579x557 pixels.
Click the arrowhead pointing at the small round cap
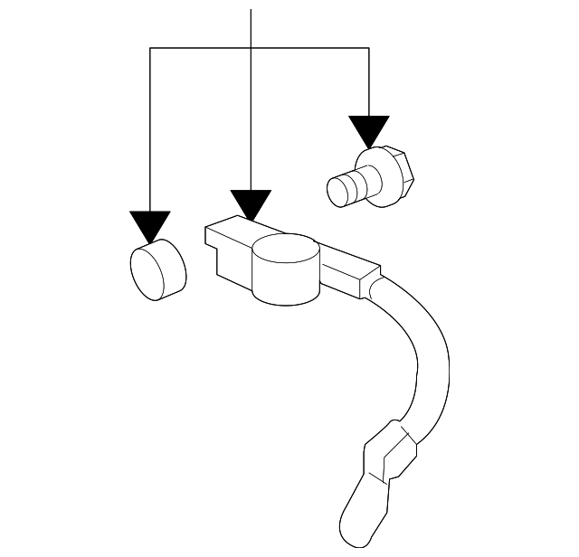coord(150,226)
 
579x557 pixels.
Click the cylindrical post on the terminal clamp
coord(285,271)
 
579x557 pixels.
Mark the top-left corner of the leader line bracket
coord(150,49)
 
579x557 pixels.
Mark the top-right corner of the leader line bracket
coord(369,49)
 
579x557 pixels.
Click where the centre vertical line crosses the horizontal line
coord(251,49)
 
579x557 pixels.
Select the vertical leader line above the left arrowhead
coord(150,127)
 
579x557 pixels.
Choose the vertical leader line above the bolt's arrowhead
coord(369,81)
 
